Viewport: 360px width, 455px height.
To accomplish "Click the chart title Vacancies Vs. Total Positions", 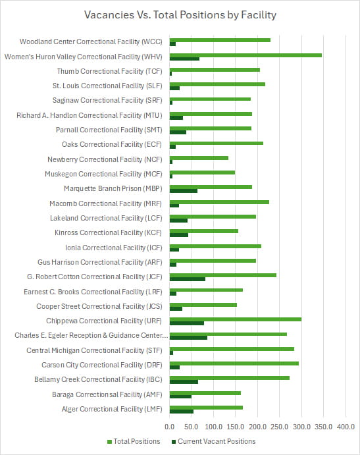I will coord(180,14).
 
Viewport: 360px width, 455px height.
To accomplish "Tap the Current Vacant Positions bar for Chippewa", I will coord(187,323).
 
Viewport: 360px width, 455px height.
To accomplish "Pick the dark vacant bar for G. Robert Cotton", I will coord(188,279).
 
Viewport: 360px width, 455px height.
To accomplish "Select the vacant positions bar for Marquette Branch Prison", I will coord(184,191).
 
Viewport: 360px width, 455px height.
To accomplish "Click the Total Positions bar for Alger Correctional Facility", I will coord(206,407).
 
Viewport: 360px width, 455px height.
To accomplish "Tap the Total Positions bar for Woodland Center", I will coord(220,40).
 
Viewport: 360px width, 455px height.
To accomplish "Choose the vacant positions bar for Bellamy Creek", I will coord(184,382).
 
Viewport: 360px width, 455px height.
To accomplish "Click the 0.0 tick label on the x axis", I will coord(170,425).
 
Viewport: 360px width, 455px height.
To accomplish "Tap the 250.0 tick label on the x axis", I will coord(280,425).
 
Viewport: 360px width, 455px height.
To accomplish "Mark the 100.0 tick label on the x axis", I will coord(213,425).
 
